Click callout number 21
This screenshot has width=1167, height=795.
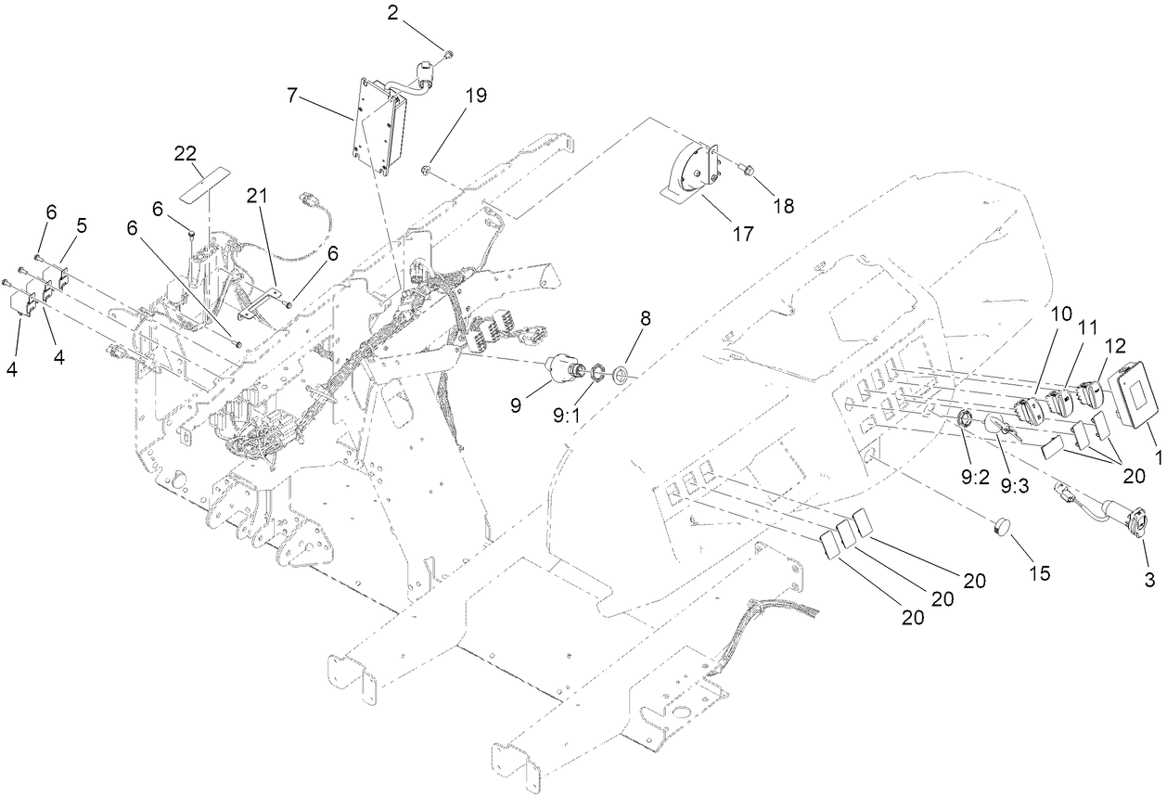tap(256, 195)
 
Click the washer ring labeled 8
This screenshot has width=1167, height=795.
tap(620, 374)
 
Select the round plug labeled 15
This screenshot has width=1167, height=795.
tap(1000, 528)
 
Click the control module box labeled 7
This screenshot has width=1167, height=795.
tap(378, 125)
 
